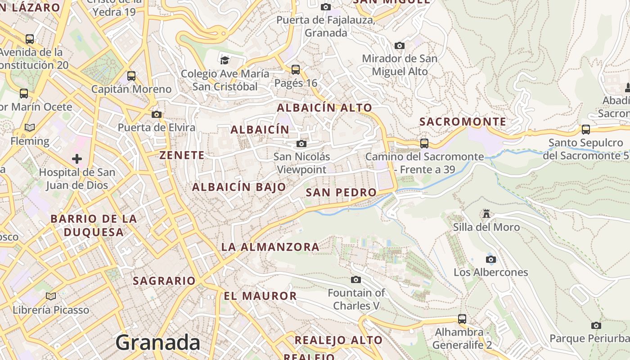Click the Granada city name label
(x=158, y=343)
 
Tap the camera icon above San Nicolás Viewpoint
(x=301, y=144)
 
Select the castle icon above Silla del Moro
(x=486, y=213)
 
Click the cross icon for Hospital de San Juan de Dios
(x=77, y=158)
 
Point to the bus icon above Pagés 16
(x=296, y=70)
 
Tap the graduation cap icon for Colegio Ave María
(x=225, y=60)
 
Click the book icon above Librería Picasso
(x=51, y=296)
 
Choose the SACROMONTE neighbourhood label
(x=463, y=121)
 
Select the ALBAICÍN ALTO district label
(x=324, y=108)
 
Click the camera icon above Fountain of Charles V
(x=356, y=280)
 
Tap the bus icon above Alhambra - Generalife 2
(x=462, y=319)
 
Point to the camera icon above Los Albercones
(x=491, y=259)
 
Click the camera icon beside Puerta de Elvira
(x=157, y=114)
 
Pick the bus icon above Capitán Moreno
(x=131, y=76)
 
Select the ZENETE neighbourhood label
(x=182, y=155)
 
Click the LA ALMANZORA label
(x=270, y=247)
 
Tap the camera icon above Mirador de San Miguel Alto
(x=399, y=45)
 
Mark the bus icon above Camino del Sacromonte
(x=424, y=144)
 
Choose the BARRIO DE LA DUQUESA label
(x=94, y=225)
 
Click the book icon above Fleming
(x=30, y=128)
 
